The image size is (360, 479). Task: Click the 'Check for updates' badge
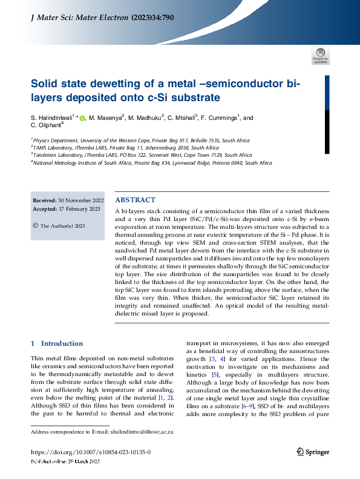321,56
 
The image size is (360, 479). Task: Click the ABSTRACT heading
135,199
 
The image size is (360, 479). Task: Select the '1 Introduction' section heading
57,343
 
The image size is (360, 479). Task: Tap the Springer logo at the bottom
313,451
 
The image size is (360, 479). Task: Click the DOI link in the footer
90,452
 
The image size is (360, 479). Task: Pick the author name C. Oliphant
46,125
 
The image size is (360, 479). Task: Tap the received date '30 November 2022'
80,200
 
